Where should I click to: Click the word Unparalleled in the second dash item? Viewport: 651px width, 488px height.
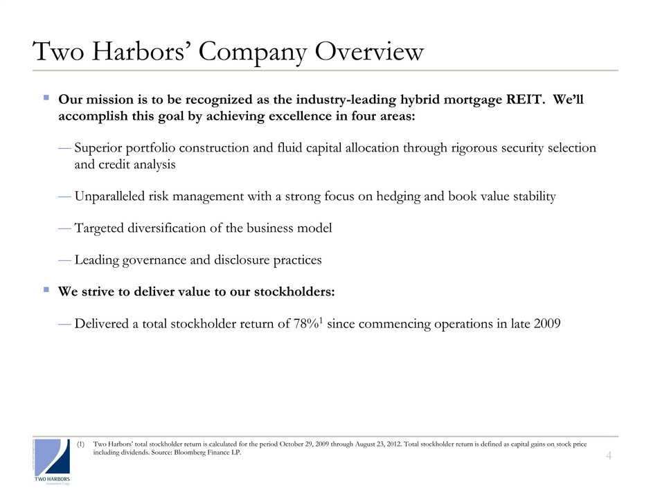[112, 197]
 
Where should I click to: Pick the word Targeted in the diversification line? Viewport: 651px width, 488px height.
[98, 228]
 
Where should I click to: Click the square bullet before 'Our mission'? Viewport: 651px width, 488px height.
[45, 98]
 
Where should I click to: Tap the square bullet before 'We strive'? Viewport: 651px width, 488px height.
[45, 291]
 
